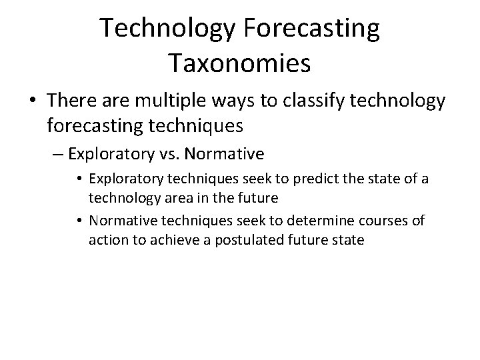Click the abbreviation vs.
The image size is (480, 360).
pyautogui.click(x=167, y=155)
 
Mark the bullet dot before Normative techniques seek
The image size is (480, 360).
pyautogui.click(x=80, y=221)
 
